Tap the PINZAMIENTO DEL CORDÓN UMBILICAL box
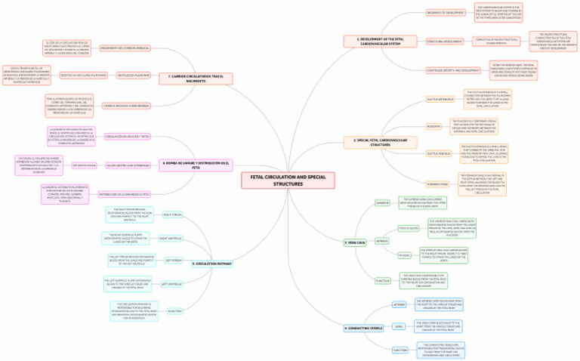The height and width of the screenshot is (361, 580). [x=125, y=48]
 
